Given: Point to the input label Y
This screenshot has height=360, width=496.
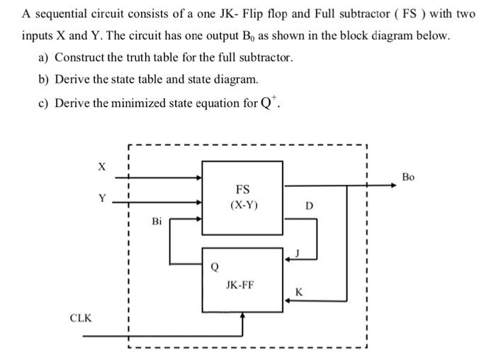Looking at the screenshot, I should (x=102, y=198).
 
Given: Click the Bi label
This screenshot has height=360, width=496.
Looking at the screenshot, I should (x=157, y=222).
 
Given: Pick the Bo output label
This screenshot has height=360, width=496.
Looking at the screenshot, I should (x=408, y=176).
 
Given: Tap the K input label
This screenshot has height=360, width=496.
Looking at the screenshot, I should (x=298, y=292).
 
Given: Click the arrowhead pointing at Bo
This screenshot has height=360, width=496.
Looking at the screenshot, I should (x=392, y=186).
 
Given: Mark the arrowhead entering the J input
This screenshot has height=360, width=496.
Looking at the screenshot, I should (x=287, y=259).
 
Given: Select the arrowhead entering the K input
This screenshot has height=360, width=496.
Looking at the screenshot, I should (x=287, y=300).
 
